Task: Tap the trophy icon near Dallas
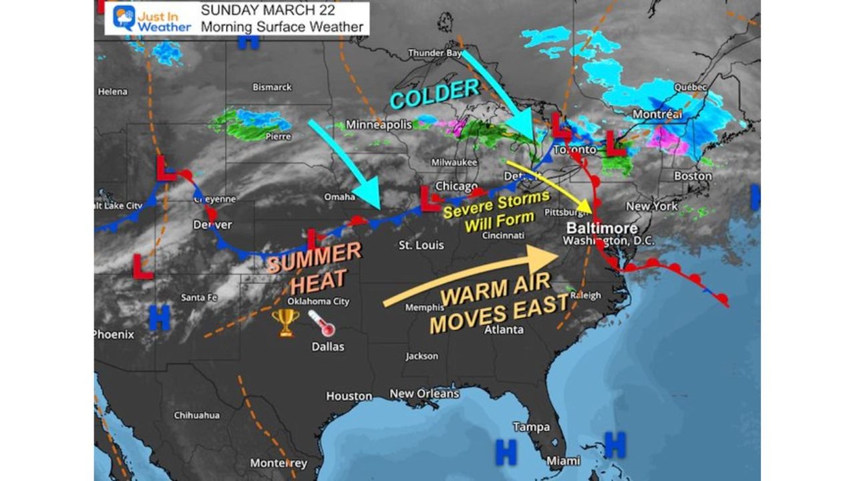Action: point(285,323)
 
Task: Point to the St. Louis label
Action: point(421,245)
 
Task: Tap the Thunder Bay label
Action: point(436,53)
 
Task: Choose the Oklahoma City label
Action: point(319,301)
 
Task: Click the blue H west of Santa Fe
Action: point(159,318)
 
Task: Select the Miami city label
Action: point(544,461)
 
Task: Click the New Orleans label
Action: point(424,393)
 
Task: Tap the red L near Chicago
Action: point(427,197)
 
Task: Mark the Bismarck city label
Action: point(272,87)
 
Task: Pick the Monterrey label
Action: point(279,463)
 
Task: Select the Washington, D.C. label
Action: point(609,240)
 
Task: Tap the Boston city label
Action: point(693,176)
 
